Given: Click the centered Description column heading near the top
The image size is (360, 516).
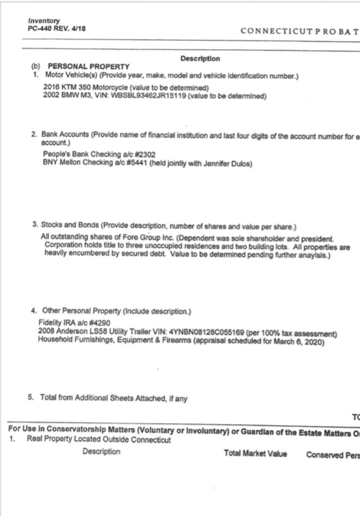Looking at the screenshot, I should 200,59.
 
